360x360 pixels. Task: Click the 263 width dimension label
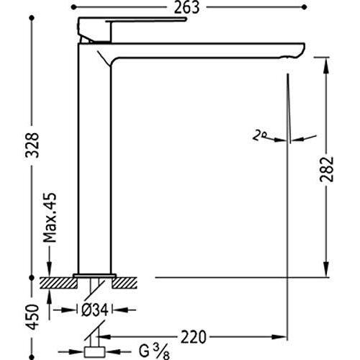pyautogui.click(x=189, y=9)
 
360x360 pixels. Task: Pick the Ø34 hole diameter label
pyautogui.click(x=95, y=310)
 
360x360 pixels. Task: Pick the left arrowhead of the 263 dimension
pyautogui.click(x=79, y=9)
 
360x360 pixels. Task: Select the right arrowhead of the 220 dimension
pyautogui.click(x=283, y=335)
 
